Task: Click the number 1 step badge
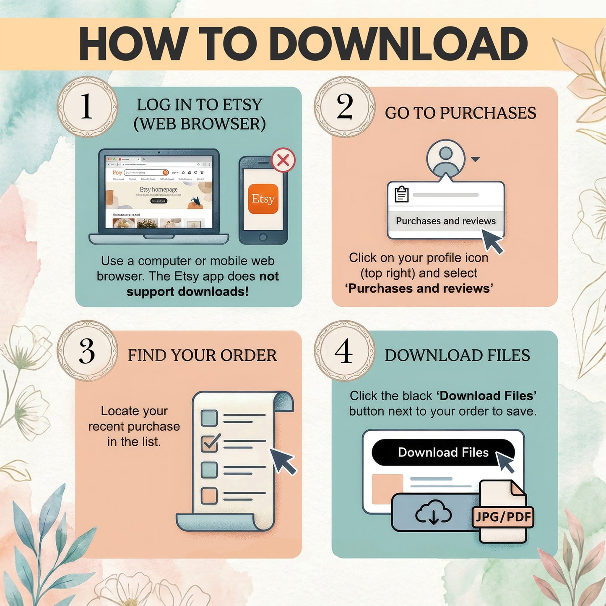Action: pos(87,107)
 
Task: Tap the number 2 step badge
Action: pos(344,107)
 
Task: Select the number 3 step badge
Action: pos(87,351)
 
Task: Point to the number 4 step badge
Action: pos(344,351)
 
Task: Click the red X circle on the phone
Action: pos(283,160)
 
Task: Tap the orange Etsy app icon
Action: pos(263,199)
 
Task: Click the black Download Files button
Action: pos(442,452)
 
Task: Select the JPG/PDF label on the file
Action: pos(503,517)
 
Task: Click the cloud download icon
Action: pos(433,512)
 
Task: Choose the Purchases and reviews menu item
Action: pos(445,221)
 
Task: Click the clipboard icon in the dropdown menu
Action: pos(401,194)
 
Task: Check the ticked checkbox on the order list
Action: pos(209,443)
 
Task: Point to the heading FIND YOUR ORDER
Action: pos(202,355)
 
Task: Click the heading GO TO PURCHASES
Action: pos(460,113)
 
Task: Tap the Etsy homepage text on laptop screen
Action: pos(159,190)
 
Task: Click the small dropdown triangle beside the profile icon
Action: pos(475,159)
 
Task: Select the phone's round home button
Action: pos(263,237)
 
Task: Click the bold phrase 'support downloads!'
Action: pos(187,291)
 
